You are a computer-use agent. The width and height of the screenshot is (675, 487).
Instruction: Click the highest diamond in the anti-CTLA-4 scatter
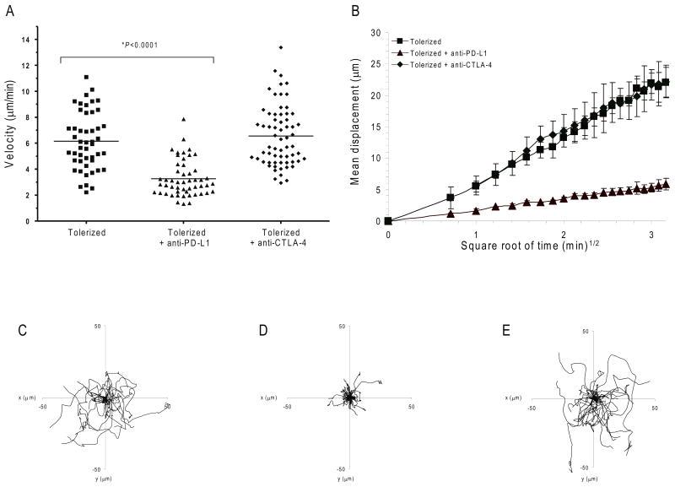click(x=280, y=47)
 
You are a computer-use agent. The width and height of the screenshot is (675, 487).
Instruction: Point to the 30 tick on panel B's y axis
click(x=375, y=32)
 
